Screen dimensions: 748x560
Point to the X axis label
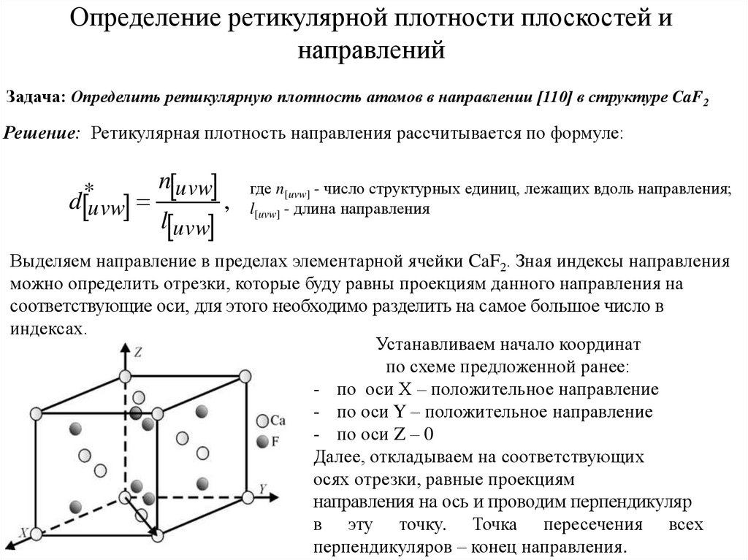(24, 532)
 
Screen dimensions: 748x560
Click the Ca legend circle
(262, 421)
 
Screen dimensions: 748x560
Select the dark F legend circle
(262, 442)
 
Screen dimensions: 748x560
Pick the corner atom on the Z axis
(125, 376)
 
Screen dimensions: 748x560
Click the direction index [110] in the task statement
(549, 98)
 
